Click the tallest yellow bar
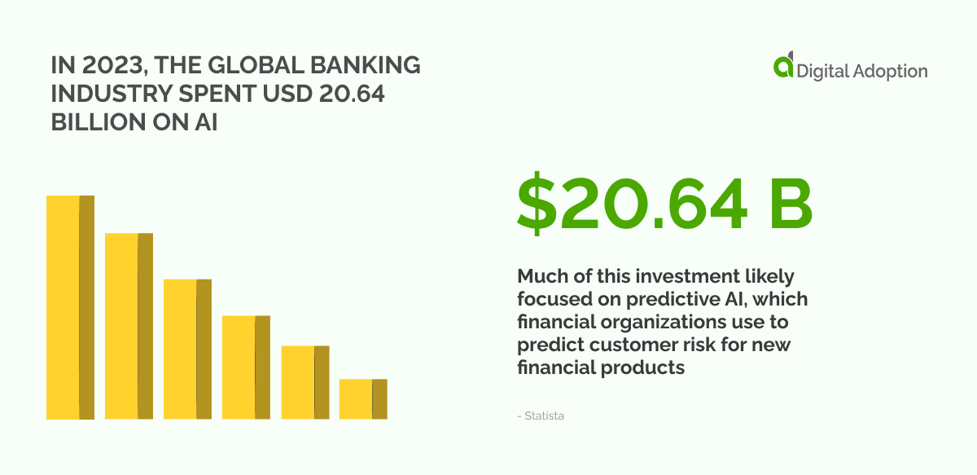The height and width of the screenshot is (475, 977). click(70, 307)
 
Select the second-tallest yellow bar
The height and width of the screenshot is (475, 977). click(129, 326)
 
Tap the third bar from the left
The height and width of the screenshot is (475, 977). click(187, 349)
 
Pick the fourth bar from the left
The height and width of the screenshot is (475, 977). click(246, 367)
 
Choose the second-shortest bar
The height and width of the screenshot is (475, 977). click(304, 382)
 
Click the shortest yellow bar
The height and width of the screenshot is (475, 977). click(363, 398)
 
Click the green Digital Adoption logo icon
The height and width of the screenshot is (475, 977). click(783, 67)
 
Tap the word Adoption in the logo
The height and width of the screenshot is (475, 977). click(890, 72)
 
